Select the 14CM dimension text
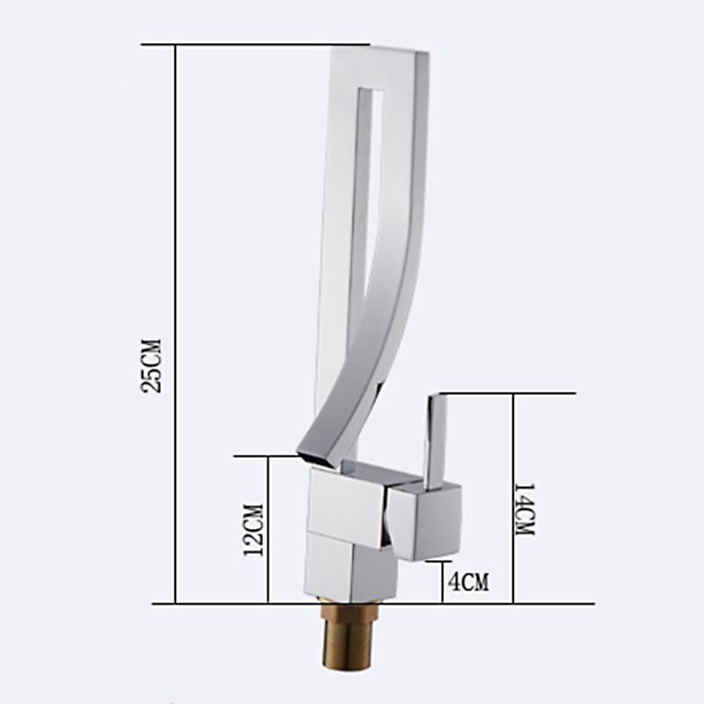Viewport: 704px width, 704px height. tap(524, 510)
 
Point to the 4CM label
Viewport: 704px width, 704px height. tap(467, 581)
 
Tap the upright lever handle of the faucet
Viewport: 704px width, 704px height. tap(435, 440)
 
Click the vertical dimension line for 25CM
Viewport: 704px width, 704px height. tap(175, 264)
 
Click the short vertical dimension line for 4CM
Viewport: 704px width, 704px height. tap(442, 582)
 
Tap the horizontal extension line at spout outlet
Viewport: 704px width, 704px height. tap(264, 456)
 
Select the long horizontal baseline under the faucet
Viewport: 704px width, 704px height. tap(220, 604)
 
